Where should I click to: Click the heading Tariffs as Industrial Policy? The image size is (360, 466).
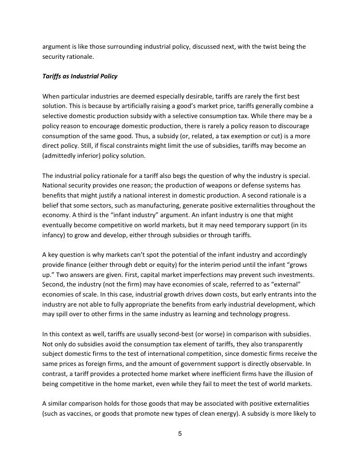[79, 76]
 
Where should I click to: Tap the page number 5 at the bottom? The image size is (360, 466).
[179, 434]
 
